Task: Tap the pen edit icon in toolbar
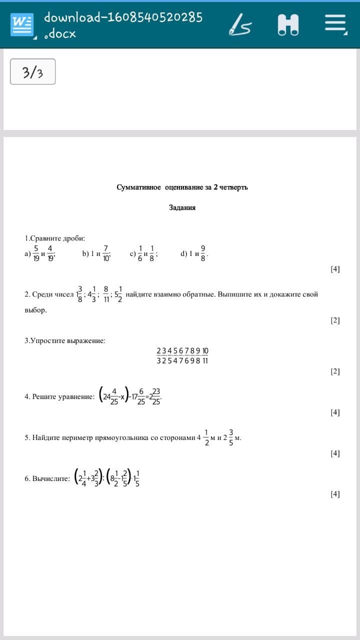[240, 24]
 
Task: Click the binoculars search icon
[288, 24]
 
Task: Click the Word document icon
[22, 24]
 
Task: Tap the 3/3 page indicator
[32, 72]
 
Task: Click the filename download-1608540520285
[123, 17]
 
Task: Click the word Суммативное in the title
[139, 187]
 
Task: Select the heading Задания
[182, 207]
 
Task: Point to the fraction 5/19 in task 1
[36, 253]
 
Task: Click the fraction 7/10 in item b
[106, 253]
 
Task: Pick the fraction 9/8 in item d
[203, 253]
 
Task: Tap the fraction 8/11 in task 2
[106, 294]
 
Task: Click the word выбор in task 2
[35, 310]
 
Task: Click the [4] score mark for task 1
[335, 269]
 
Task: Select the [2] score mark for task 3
[335, 371]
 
